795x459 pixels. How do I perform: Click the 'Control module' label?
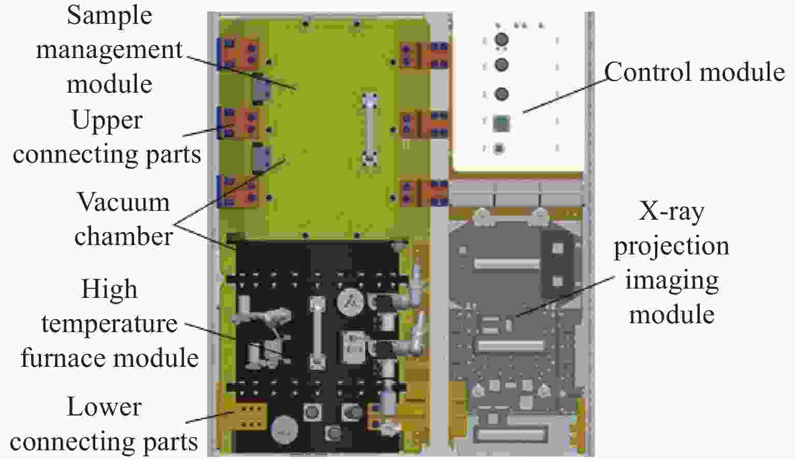[x=695, y=72]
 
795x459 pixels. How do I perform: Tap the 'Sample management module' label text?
[x=109, y=50]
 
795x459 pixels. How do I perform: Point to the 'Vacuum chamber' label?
[x=123, y=219]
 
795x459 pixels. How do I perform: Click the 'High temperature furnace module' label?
[x=110, y=323]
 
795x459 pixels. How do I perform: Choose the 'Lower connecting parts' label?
[x=104, y=424]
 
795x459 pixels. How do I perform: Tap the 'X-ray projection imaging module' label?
[x=672, y=263]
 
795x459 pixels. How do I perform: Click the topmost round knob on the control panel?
[x=501, y=39]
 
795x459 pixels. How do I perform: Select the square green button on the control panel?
[x=501, y=123]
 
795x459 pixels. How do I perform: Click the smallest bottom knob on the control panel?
[x=499, y=148]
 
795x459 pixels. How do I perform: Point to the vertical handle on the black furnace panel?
[x=317, y=333]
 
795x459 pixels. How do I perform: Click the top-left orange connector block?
[x=241, y=53]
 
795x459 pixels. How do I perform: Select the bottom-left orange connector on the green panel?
[x=241, y=191]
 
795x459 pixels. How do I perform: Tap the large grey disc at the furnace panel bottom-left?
[x=284, y=429]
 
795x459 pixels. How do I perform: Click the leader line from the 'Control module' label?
[x=565, y=95]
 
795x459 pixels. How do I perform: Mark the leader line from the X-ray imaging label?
[x=565, y=296]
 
